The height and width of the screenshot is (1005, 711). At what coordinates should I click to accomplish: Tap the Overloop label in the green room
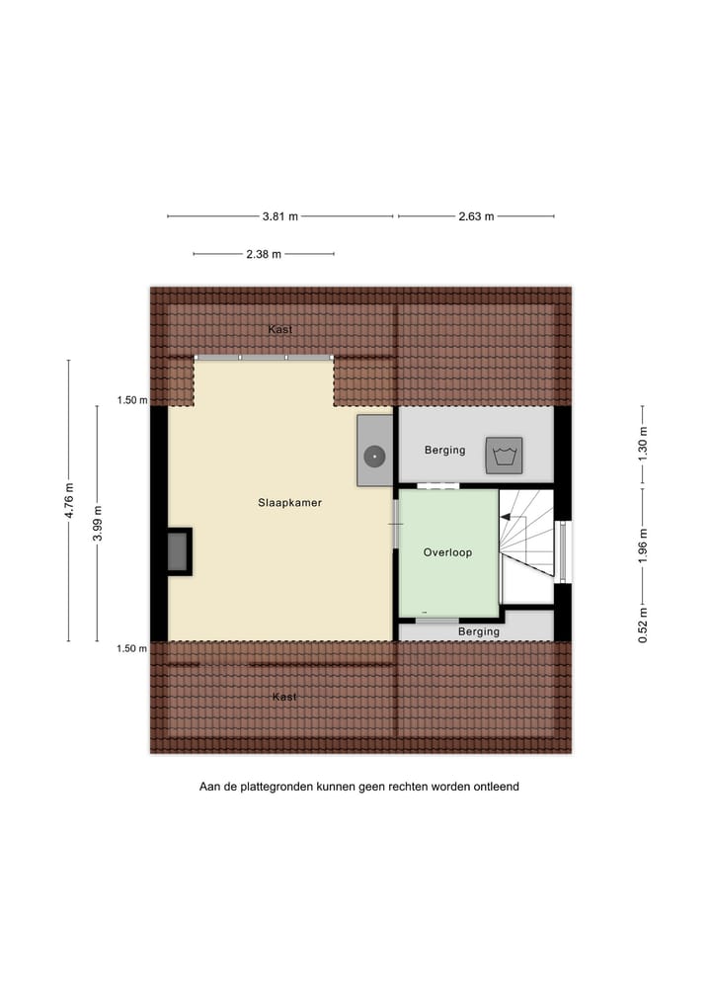point(447,552)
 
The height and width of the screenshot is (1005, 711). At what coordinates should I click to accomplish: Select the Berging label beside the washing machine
point(444,450)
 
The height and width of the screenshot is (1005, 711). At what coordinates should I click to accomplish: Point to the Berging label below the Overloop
point(479,631)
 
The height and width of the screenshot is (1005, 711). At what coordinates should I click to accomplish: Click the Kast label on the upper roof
point(279,329)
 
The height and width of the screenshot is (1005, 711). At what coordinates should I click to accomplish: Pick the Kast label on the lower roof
point(284,697)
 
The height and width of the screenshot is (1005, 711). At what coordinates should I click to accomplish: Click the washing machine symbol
point(503,455)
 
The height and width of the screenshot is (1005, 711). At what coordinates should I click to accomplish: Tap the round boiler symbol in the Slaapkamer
point(373,457)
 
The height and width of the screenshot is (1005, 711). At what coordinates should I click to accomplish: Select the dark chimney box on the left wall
point(178,551)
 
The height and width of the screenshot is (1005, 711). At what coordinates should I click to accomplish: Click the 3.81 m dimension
point(280,216)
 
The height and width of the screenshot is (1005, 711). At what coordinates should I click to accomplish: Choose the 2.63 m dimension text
point(476,216)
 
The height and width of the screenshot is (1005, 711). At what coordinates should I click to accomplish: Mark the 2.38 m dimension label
point(264,254)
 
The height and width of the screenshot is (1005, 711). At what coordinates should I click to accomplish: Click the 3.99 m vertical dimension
point(97,523)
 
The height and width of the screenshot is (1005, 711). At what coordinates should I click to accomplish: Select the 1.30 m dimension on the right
point(642,444)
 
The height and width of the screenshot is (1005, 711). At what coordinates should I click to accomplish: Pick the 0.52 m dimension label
point(642,627)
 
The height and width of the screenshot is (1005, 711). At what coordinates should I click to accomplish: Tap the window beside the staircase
point(564,551)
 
